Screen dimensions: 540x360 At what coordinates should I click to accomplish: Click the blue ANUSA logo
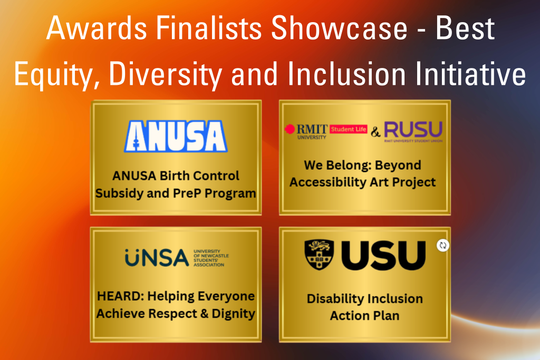pos(176,137)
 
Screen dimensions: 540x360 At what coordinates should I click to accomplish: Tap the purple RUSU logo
pos(413,131)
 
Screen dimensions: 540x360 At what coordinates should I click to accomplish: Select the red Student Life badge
pos(349,129)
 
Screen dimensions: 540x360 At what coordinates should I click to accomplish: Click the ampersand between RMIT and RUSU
pos(375,131)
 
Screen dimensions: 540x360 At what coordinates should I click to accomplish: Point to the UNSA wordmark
pos(157,258)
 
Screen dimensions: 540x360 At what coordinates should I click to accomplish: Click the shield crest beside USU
pos(319,255)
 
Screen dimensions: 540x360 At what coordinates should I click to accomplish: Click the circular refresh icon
pos(443,246)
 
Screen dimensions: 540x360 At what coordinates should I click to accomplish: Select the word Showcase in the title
pos(339,28)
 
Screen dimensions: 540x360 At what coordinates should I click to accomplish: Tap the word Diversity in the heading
pos(166,74)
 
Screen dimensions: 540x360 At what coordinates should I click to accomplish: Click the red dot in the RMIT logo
pos(290,129)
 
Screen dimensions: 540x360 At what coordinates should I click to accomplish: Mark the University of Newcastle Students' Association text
pos(211,258)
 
